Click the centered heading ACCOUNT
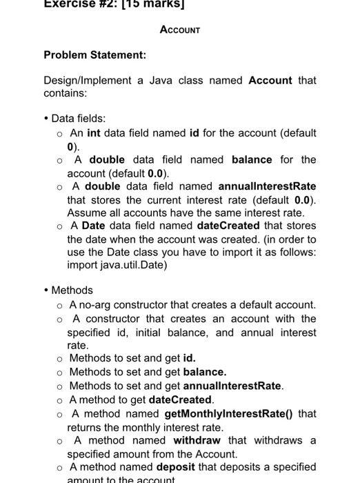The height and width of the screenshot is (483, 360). pyautogui.click(x=179, y=30)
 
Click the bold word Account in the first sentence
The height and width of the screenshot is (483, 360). pyautogui.click(x=270, y=80)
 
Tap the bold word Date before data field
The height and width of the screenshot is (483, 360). pyautogui.click(x=93, y=226)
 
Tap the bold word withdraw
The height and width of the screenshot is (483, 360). pyautogui.click(x=197, y=440)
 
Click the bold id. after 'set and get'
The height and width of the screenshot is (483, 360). pyautogui.click(x=190, y=358)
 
